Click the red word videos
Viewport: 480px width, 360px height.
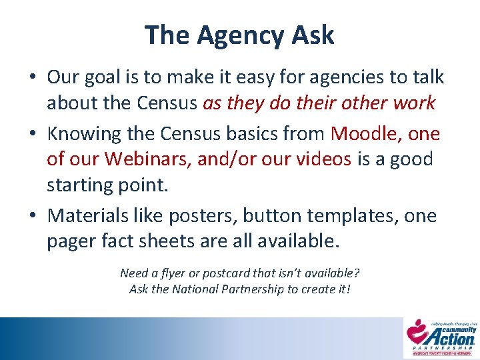pos(324,159)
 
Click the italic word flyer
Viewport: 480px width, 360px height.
pos(175,273)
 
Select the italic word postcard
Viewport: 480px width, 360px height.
pos(223,273)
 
